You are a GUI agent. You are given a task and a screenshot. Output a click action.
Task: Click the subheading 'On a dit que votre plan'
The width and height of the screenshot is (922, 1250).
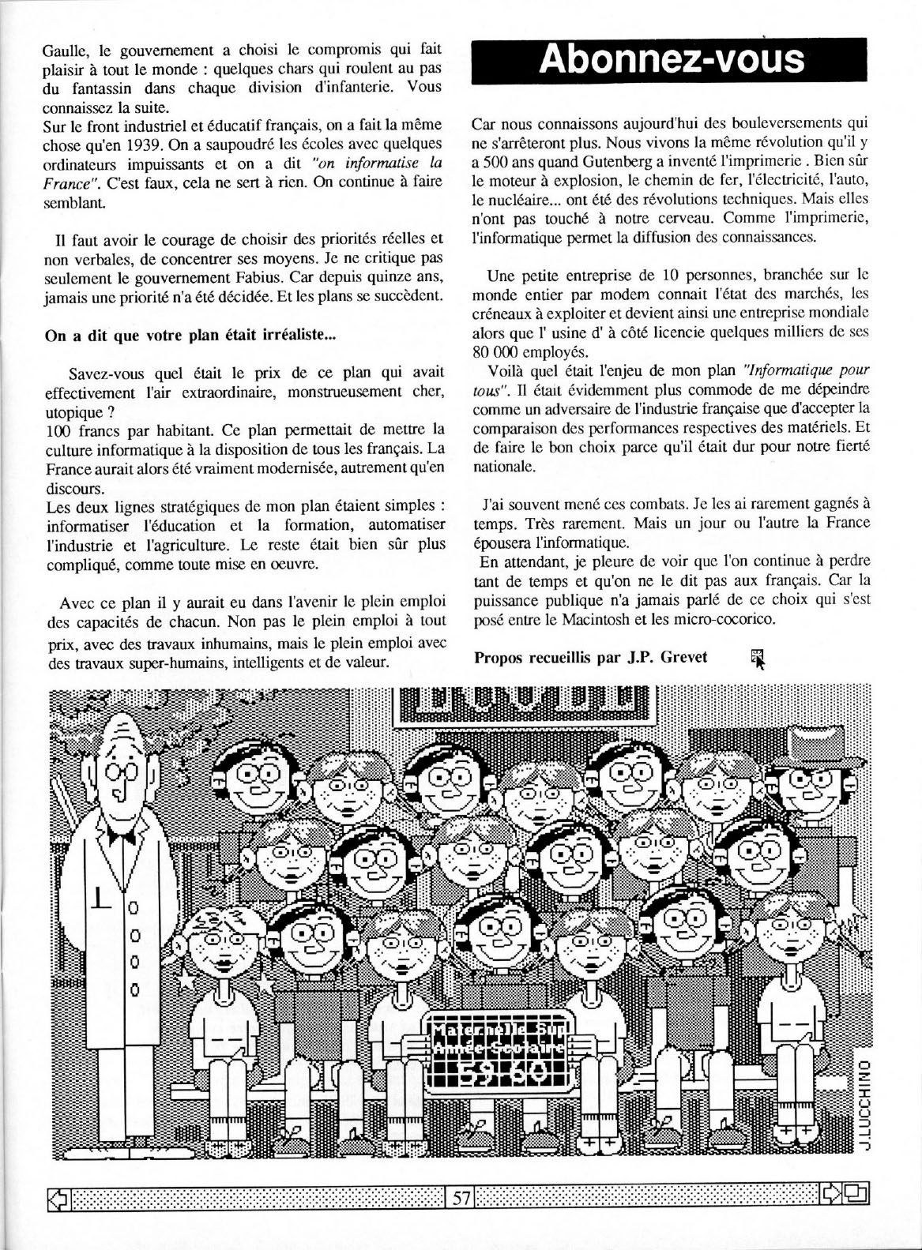pos(190,334)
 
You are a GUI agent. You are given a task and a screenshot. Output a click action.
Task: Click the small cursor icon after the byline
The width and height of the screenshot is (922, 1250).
pos(758,658)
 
